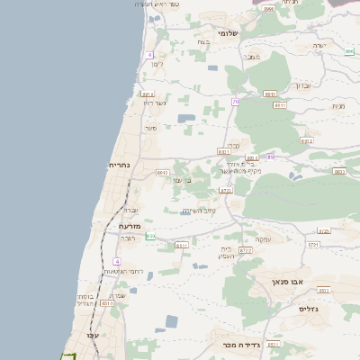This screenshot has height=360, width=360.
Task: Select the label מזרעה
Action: pos(131,226)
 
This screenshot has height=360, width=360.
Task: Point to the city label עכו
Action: pos(92,335)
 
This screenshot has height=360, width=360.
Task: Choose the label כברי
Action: pos(232,145)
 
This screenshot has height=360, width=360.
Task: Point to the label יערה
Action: pos(319,44)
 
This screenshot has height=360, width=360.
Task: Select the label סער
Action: pos(151,128)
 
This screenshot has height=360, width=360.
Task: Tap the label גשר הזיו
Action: pos(155,102)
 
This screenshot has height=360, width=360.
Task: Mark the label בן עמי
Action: pos(181,181)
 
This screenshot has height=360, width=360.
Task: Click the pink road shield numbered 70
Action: pos(235,103)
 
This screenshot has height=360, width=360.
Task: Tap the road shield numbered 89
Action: pos(270,157)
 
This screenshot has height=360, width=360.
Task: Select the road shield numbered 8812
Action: pos(307,141)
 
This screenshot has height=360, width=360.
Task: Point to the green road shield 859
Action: pos(150,236)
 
